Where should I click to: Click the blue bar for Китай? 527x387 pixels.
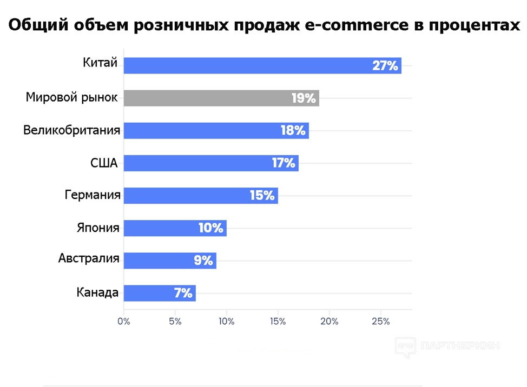(x=262, y=65)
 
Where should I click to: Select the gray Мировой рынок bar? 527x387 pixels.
(x=221, y=98)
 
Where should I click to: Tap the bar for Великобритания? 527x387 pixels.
(x=216, y=130)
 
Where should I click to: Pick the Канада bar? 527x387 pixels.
(x=160, y=293)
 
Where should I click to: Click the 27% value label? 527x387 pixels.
(x=385, y=66)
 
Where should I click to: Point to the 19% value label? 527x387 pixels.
(x=304, y=98)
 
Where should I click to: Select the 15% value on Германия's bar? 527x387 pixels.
(x=262, y=196)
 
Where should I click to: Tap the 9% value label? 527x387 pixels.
(x=203, y=261)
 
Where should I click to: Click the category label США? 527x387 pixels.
(x=104, y=162)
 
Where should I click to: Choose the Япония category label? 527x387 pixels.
(x=97, y=227)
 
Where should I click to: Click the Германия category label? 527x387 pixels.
(x=93, y=195)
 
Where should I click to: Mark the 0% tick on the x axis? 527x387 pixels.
(x=124, y=321)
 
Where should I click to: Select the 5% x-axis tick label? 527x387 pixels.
(x=175, y=321)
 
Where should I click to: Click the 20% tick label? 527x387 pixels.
(x=329, y=321)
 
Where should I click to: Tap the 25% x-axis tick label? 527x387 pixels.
(x=380, y=321)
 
